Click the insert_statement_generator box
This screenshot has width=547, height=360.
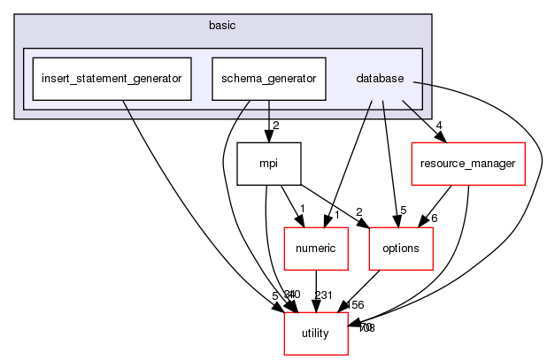click(112, 79)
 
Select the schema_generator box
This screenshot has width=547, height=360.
click(269, 79)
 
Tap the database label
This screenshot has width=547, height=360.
click(380, 79)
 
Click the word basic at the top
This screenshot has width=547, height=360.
click(223, 25)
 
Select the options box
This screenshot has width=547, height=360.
click(401, 249)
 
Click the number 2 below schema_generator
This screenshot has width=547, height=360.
click(276, 126)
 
